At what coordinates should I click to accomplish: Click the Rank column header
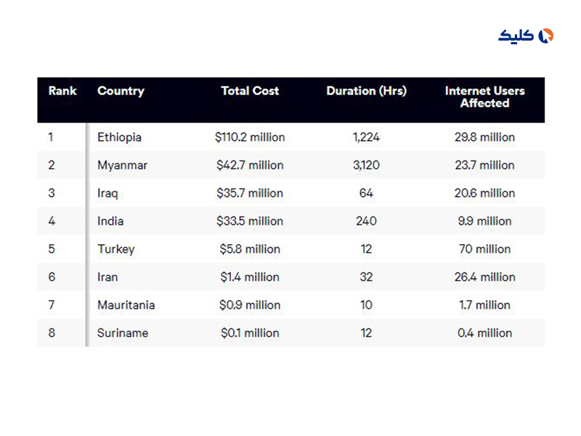(62, 92)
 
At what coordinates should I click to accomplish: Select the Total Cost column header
(250, 92)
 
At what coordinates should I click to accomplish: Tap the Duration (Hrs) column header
(366, 92)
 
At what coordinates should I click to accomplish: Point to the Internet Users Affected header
(484, 97)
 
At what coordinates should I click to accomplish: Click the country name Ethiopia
(119, 137)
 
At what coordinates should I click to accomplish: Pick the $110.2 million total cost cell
(250, 137)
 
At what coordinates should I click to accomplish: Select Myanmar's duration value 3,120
(366, 165)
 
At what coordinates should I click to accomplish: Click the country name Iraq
(107, 193)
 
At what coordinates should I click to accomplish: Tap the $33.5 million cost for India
(250, 221)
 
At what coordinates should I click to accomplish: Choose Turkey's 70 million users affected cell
(484, 249)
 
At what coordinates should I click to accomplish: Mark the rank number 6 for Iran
(52, 277)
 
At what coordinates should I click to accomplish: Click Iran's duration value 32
(366, 277)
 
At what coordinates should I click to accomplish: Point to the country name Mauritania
(126, 305)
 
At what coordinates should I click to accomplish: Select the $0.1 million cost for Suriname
(250, 333)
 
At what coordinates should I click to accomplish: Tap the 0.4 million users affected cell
(484, 333)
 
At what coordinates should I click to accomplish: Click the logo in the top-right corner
(526, 36)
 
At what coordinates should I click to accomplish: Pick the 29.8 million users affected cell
(484, 137)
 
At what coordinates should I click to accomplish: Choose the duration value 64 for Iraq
(366, 193)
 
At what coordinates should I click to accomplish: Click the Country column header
(121, 92)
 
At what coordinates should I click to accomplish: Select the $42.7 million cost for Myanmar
(250, 165)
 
